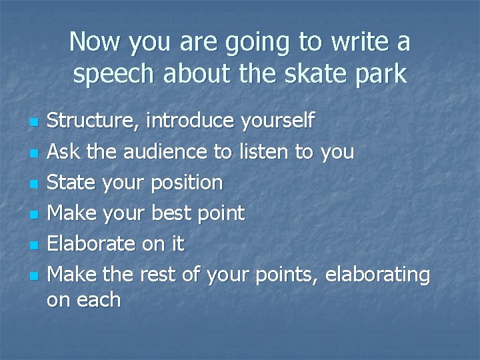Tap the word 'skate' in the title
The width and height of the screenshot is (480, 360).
pos(301,75)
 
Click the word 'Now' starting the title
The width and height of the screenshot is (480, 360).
pos(93,42)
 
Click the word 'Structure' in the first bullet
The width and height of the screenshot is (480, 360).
pos(92,121)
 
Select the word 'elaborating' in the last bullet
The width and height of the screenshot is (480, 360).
pos(377,274)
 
